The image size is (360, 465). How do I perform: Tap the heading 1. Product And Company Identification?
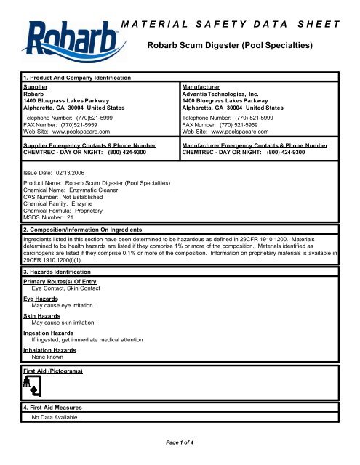[x=72, y=78]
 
